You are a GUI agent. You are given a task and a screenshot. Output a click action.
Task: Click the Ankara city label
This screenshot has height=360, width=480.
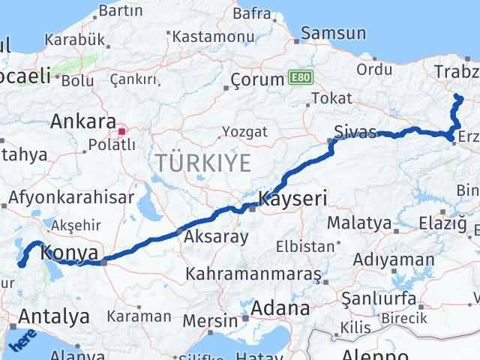point(82,121)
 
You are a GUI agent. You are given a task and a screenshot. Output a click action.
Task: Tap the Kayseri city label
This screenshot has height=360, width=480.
point(292,199)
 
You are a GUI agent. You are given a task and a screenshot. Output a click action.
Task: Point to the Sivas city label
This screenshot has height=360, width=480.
point(355,133)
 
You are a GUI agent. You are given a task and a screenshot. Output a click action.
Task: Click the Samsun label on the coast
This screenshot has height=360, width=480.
point(333,33)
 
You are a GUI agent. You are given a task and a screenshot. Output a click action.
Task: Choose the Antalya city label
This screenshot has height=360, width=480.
point(53,316)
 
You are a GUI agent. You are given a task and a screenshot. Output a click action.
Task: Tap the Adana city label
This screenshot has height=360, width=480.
point(280,307)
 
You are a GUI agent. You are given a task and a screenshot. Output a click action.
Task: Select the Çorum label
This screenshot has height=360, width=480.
point(256,78)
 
